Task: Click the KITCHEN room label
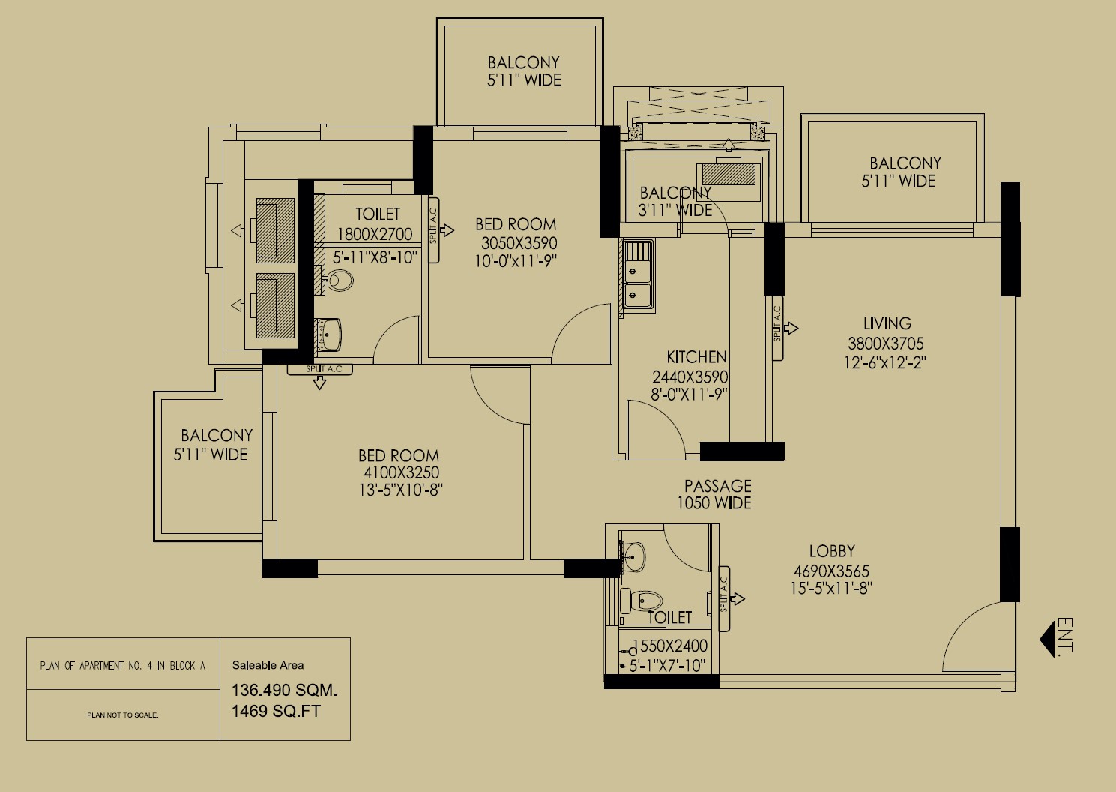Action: (x=696, y=357)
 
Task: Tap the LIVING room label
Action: (x=887, y=323)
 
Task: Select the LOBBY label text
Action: (x=832, y=551)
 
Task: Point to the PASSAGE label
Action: (x=717, y=486)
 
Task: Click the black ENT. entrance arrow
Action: (x=1047, y=639)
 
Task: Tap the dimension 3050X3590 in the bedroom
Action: (x=519, y=243)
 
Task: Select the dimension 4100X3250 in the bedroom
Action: (x=401, y=472)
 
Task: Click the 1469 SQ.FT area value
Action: (x=276, y=711)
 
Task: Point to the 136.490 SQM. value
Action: (x=285, y=690)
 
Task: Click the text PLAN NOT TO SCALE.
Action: (x=123, y=715)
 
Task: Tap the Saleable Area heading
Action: (x=268, y=665)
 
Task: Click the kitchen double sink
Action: (x=639, y=276)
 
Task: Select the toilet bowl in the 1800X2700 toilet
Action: (x=339, y=280)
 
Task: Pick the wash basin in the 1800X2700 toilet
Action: (x=329, y=334)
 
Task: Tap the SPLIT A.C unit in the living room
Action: (x=778, y=328)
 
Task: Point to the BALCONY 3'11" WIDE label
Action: (x=675, y=201)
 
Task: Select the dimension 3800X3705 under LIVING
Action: (x=886, y=343)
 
